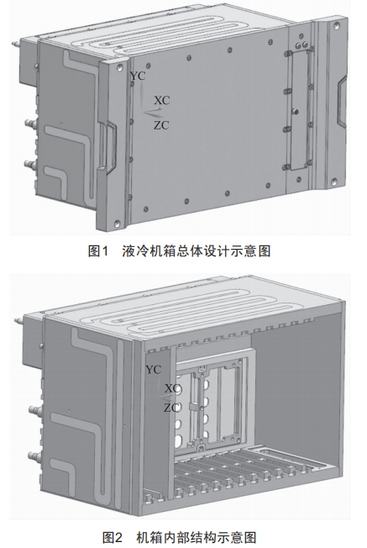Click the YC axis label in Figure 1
click(138, 76)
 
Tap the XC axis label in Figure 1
click(162, 100)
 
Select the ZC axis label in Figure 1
click(161, 124)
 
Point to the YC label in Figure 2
click(154, 370)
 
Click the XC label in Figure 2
click(172, 388)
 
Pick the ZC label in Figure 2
click(172, 408)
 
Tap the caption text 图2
click(113, 537)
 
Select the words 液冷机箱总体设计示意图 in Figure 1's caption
click(197, 251)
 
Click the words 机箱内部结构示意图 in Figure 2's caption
click(197, 537)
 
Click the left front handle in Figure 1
click(107, 147)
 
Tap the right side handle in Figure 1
click(342, 101)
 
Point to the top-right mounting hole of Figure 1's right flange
click(337, 25)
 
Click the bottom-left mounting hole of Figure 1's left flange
click(117, 222)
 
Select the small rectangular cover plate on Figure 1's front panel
click(300, 109)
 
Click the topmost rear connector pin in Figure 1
click(15, 44)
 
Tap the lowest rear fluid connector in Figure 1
click(30, 163)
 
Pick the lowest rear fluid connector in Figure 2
click(34, 456)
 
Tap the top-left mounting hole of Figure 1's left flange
click(120, 66)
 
